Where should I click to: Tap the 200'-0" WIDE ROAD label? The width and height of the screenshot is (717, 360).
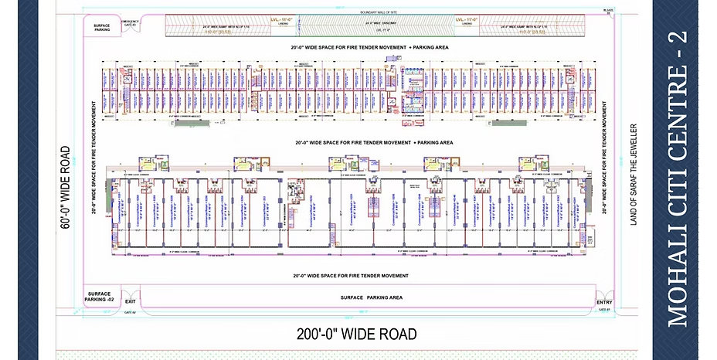click(x=356, y=335)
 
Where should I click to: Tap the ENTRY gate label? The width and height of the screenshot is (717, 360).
click(x=603, y=302)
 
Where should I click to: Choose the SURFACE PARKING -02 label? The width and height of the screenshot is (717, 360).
click(x=100, y=297)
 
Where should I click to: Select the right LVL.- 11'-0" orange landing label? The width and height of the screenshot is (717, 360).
click(x=469, y=18)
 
